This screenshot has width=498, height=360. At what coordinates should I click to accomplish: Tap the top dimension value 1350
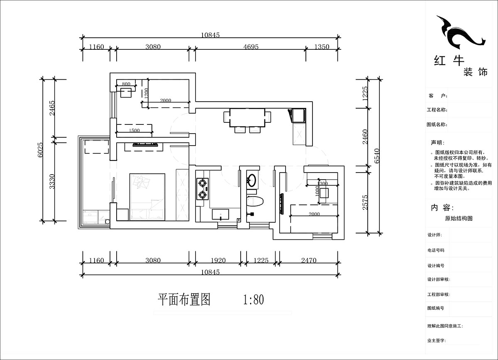tap(322, 47)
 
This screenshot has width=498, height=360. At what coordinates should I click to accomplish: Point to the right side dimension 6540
tap(376, 156)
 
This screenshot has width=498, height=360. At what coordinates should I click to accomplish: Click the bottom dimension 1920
tap(218, 260)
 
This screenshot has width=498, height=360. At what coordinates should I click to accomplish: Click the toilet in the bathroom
tap(254, 202)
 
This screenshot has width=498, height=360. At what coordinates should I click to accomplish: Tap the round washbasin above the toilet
tap(252, 180)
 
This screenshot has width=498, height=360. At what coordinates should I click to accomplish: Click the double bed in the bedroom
tap(147, 197)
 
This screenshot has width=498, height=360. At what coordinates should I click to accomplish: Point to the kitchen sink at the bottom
tap(220, 214)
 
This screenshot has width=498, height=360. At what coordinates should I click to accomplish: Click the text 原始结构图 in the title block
tap(459, 218)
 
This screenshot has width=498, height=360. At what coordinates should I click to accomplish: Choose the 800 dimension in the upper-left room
tap(127, 84)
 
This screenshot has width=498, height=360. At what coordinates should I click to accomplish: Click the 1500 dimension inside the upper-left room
tap(134, 131)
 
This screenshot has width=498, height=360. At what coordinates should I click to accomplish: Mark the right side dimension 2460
tap(365, 136)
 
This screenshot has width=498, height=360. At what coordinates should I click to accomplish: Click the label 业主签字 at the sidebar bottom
tap(436, 340)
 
